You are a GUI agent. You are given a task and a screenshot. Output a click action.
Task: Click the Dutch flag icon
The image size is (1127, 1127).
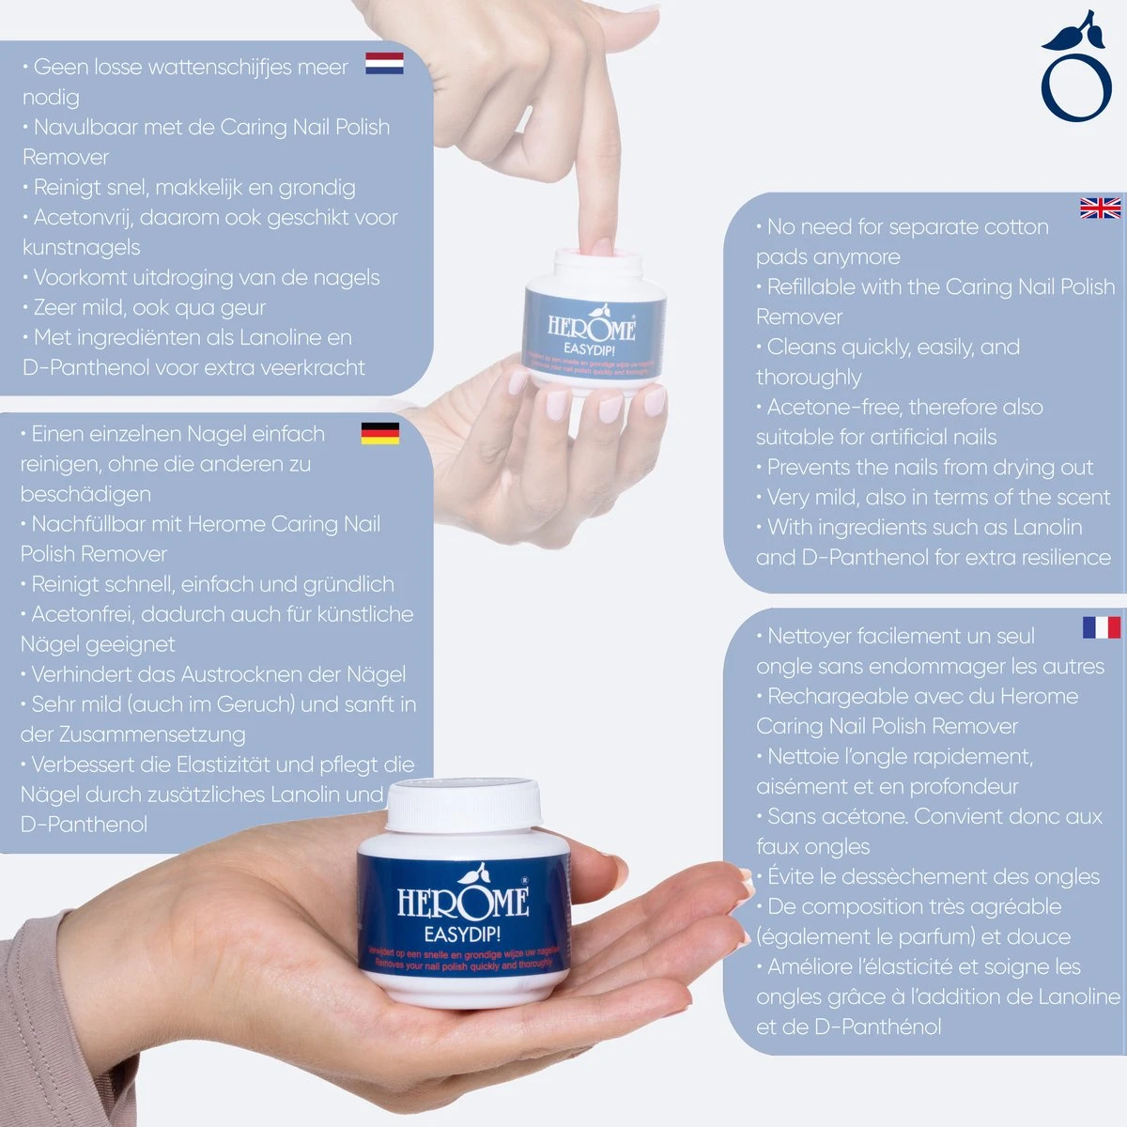(x=384, y=63)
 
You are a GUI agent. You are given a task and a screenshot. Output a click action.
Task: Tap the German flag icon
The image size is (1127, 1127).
(x=379, y=433)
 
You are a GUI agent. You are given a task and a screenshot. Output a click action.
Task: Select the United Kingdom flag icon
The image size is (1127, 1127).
(x=1100, y=208)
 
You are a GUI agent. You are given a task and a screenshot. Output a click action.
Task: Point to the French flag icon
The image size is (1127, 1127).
(x=1101, y=627)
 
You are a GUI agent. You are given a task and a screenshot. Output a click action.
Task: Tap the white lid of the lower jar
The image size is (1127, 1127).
(x=464, y=806)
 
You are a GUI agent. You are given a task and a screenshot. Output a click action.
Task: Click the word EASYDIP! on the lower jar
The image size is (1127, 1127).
(x=462, y=934)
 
